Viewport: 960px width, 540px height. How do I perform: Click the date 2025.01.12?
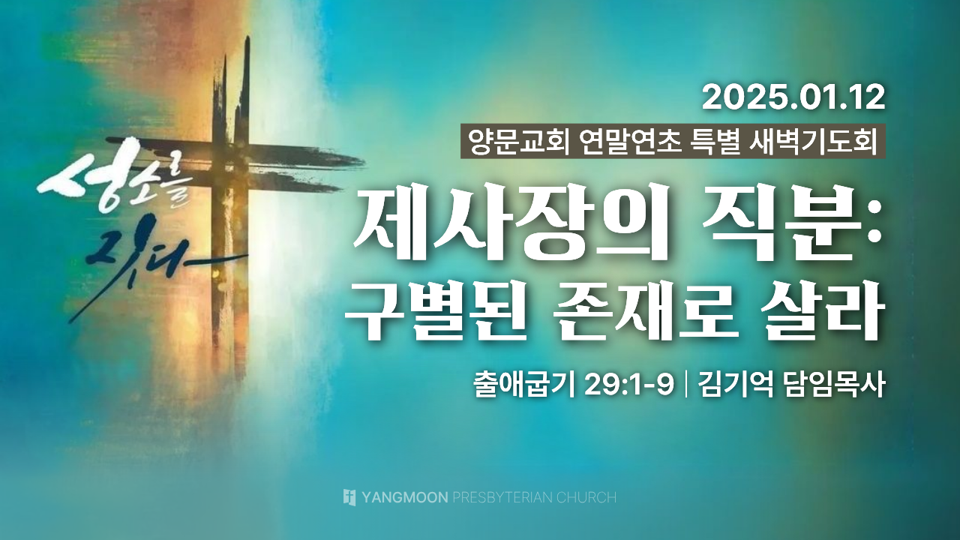coord(793,98)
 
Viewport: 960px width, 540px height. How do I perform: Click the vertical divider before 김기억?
coord(687,385)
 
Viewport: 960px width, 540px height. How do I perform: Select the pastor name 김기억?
coord(736,385)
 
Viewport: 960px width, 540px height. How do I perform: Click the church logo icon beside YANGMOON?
coord(349,497)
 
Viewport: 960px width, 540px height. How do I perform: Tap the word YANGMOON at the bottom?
coord(405,497)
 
